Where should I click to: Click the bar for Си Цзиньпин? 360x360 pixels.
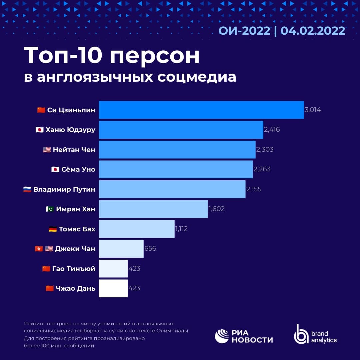(201, 110)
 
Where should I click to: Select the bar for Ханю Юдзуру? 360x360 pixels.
(181, 130)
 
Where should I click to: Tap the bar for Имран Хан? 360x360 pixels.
(153, 209)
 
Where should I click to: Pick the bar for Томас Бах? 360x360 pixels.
(137, 229)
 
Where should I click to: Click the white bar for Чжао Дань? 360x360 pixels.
(113, 288)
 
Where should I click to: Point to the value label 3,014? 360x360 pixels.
(313, 110)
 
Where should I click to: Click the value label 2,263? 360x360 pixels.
(262, 169)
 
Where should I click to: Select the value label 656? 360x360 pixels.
(150, 249)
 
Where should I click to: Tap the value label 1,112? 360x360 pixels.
(181, 229)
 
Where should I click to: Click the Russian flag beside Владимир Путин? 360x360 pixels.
(27, 189)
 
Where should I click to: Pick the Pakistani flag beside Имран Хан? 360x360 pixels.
(50, 209)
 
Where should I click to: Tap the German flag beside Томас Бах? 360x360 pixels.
(53, 229)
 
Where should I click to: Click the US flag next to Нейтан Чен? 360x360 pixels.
(47, 150)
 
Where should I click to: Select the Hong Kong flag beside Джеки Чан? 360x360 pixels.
(39, 249)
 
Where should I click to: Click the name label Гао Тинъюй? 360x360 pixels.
(74, 268)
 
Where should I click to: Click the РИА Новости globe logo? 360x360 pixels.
(222, 336)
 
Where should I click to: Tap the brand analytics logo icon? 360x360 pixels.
(301, 334)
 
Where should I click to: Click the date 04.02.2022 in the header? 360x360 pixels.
(313, 31)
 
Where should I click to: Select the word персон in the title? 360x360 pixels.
(155, 56)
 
